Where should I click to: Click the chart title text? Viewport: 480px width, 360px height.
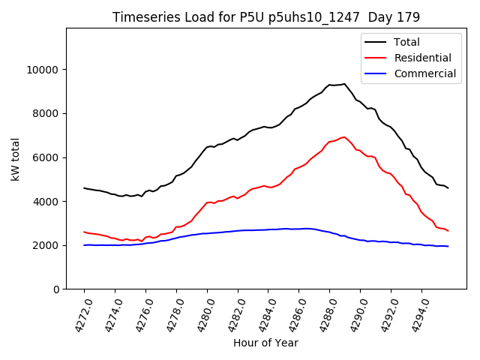pyautogui.click(x=266, y=16)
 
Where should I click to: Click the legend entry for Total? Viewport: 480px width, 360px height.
pyautogui.click(x=406, y=42)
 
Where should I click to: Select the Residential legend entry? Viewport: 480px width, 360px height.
pyautogui.click(x=422, y=58)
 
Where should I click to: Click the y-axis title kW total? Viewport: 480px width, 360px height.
pyautogui.click(x=15, y=158)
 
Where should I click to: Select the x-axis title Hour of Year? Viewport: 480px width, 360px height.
pyautogui.click(x=265, y=343)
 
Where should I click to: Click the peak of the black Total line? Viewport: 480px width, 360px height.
pyautogui.click(x=344, y=84)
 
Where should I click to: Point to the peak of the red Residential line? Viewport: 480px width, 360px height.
pyautogui.click(x=344, y=137)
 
